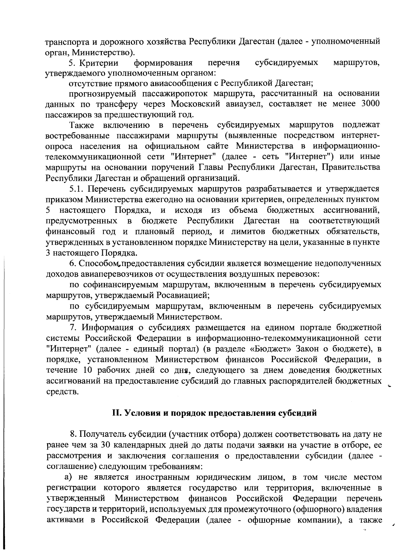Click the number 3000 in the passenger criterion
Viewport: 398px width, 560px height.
pos(369,104)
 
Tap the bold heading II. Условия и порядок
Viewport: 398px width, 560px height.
pos(214,413)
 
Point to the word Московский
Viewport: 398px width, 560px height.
pos(192,104)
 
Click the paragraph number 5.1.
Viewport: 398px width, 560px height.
pos(78,189)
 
